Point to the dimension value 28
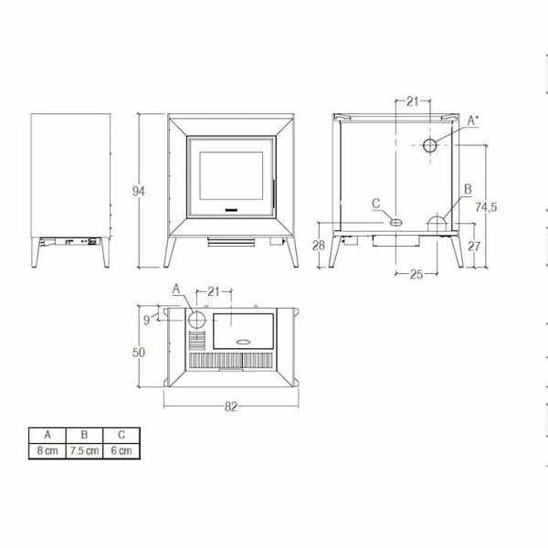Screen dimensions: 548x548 (319, 245)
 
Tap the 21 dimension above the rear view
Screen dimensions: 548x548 (412, 100)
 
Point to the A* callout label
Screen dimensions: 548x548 (473, 121)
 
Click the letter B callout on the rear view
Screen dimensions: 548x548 (468, 189)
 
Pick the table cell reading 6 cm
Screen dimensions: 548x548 (121, 451)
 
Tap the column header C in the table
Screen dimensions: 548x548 (121, 435)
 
